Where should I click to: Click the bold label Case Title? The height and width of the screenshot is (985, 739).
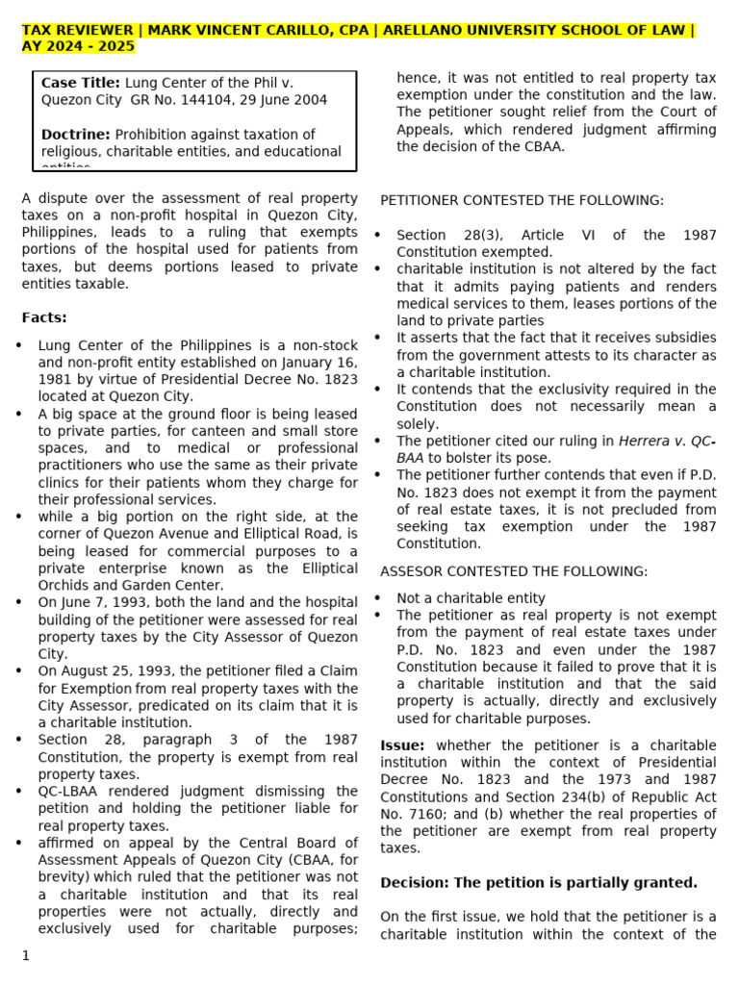[81, 84]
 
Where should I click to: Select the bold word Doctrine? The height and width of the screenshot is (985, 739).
[76, 135]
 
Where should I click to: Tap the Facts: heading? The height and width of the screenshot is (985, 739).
[44, 317]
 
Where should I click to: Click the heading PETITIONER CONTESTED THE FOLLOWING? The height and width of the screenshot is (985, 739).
[522, 200]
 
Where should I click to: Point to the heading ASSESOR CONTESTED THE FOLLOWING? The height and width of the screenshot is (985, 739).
[514, 571]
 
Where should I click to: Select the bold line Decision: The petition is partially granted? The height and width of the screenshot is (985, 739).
[539, 882]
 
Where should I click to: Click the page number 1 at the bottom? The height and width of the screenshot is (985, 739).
[26, 955]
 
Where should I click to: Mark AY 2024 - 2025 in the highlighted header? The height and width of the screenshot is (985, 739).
[79, 46]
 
